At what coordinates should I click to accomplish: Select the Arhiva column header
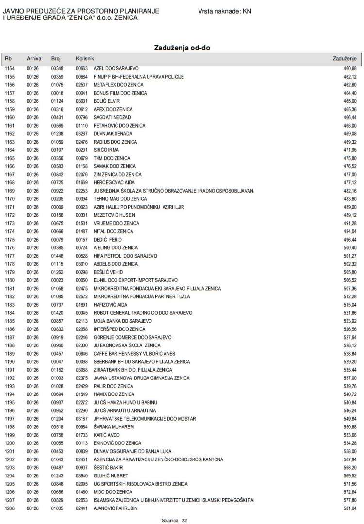coord(34,59)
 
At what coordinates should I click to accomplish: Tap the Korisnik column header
coord(84,59)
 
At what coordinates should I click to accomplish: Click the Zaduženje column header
coord(345,59)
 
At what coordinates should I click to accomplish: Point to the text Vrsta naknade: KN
coord(225,11)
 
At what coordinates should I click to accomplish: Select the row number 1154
coord(10,68)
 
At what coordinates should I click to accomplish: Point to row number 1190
coord(10,361)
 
